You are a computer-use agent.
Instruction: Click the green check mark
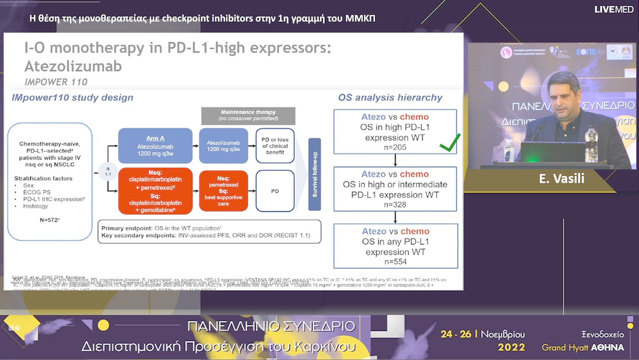tap(450, 143)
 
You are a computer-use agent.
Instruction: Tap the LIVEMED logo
tap(614, 9)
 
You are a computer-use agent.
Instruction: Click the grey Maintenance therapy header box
tap(247, 115)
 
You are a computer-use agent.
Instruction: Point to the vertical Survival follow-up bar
tap(314, 174)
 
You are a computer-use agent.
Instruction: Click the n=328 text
tap(395, 204)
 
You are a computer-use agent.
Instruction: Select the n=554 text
tap(395, 262)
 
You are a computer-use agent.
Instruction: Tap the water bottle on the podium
tap(589, 143)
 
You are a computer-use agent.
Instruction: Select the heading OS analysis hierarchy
tap(390, 98)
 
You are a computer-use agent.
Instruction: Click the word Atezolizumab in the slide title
tap(73, 66)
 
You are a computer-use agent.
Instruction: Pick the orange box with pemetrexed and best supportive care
tap(224, 191)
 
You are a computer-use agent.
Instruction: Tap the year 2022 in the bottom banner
tap(511, 347)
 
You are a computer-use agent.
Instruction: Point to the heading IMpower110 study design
tap(72, 98)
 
